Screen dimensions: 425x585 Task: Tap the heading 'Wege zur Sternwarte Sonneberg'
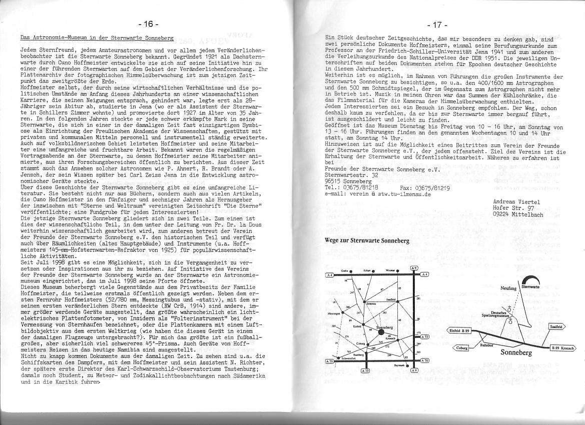click(x=367, y=240)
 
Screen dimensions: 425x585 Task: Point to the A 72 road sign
click(x=424, y=337)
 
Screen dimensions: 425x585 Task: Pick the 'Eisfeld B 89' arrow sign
click(x=458, y=330)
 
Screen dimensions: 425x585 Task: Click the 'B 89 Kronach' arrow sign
click(x=562, y=347)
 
